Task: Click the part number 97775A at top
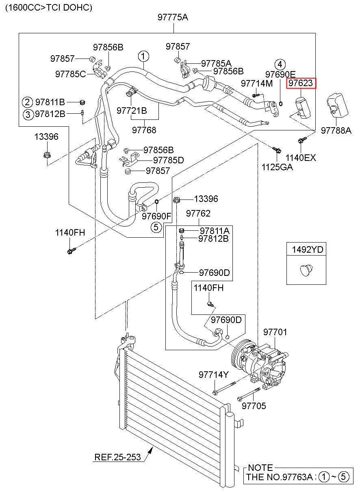click(173, 17)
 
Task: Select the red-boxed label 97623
click(301, 83)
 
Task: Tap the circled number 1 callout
click(143, 56)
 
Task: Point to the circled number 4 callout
click(280, 65)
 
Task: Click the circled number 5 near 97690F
click(156, 227)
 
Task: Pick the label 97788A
click(336, 130)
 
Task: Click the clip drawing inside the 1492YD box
click(306, 270)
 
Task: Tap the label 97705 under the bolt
click(254, 406)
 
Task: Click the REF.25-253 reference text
click(117, 457)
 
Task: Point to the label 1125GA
click(277, 167)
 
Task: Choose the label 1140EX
click(301, 158)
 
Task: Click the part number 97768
click(144, 130)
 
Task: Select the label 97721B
click(132, 111)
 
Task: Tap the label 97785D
click(168, 160)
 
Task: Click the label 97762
click(198, 213)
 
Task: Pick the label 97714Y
click(214, 375)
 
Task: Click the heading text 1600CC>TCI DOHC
click(48, 8)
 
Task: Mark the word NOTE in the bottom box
click(260, 468)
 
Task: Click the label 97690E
click(280, 74)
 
